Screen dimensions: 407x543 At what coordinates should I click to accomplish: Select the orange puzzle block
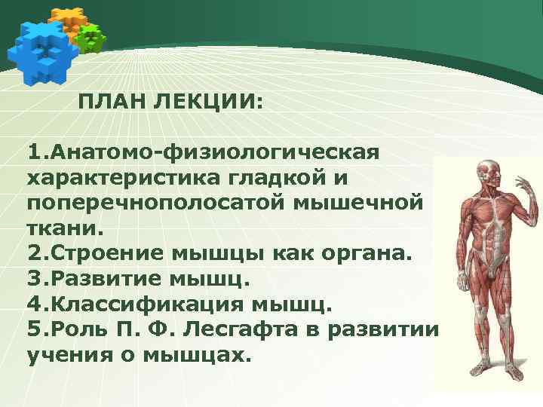pyautogui.click(x=66, y=19)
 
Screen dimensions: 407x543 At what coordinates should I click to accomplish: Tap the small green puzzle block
pyautogui.click(x=91, y=38)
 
